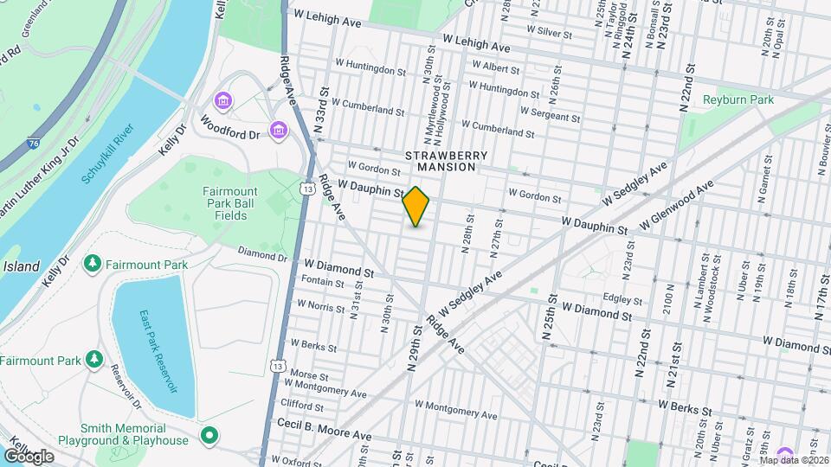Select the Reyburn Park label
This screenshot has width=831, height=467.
(x=738, y=100)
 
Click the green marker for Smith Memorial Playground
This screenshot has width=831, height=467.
(x=208, y=434)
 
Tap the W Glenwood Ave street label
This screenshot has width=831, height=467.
(x=676, y=205)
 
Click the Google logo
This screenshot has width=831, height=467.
(x=29, y=456)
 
